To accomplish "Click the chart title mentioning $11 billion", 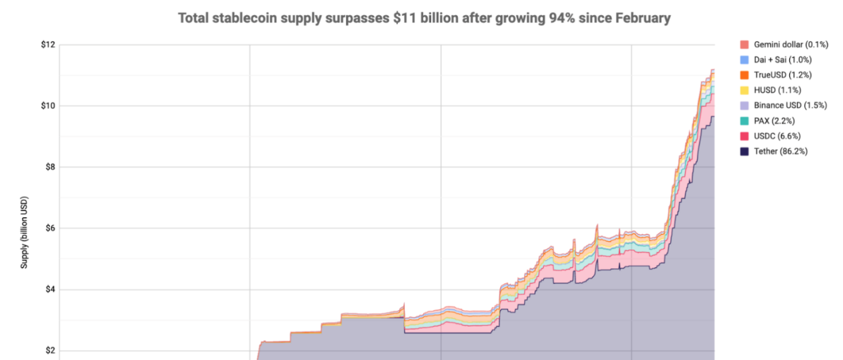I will [x=424, y=18].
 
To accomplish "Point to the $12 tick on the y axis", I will [x=47, y=45].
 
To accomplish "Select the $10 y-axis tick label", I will [x=47, y=106].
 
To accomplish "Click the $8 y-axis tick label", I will [x=49, y=167].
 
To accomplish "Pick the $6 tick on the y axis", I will [x=49, y=228].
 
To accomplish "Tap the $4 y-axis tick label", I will [x=49, y=290].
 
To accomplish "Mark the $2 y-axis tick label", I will [x=49, y=351].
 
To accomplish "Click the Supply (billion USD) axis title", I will [x=25, y=232].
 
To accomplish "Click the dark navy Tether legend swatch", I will [x=745, y=151].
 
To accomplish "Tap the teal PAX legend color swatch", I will [x=745, y=121].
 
